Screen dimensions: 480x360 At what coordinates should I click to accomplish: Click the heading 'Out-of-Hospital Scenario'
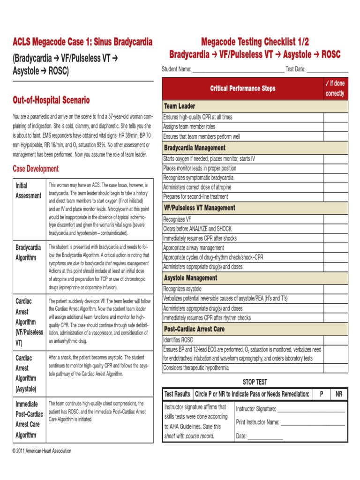[x=51, y=100]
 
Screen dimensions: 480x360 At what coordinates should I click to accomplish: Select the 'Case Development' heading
[x=36, y=169]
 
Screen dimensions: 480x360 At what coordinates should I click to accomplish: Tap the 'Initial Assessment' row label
[x=28, y=190]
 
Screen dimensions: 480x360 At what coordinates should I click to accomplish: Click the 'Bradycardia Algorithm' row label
[x=28, y=252]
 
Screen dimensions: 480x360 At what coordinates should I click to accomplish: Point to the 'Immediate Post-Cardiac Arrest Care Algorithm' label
[x=28, y=419]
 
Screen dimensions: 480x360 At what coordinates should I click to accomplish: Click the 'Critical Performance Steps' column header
[x=242, y=89]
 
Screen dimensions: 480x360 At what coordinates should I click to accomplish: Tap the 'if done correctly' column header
[x=335, y=89]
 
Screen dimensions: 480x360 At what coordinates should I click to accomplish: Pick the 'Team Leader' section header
[x=180, y=106]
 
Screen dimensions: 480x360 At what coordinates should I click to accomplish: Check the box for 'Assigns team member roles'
[x=336, y=127]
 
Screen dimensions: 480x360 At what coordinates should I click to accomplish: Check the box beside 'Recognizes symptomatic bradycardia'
[x=336, y=178]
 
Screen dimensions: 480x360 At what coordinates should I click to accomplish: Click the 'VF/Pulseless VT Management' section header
[x=199, y=208]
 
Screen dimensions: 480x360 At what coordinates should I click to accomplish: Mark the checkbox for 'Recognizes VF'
[x=336, y=219]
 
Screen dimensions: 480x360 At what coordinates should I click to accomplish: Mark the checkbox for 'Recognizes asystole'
[x=336, y=289]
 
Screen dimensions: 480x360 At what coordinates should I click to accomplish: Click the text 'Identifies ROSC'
[x=178, y=340]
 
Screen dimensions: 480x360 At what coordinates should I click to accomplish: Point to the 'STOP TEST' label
[x=255, y=382]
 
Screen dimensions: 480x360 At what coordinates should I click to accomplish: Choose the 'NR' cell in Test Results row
[x=339, y=394]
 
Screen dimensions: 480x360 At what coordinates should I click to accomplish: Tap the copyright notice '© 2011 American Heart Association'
[x=42, y=451]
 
